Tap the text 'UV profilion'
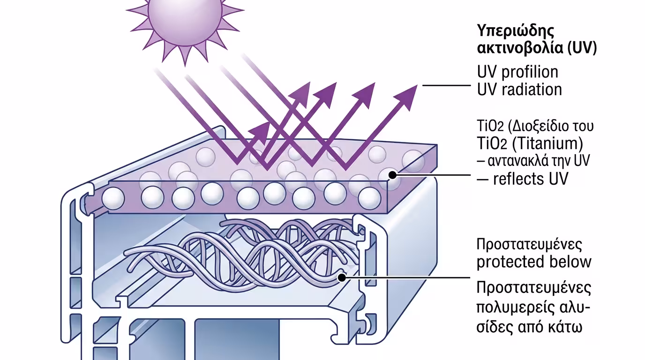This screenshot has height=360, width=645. tap(517, 72)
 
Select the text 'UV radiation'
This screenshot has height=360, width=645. tap(519, 89)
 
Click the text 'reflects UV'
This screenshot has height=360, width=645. tap(530, 179)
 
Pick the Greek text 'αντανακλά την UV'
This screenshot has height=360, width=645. tap(533, 161)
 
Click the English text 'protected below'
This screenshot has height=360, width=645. tap(534, 262)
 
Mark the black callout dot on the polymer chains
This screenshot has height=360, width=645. tap(342, 277)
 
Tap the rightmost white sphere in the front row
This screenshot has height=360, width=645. tap(369, 198)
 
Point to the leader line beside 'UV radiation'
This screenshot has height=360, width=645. tap(445, 85)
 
